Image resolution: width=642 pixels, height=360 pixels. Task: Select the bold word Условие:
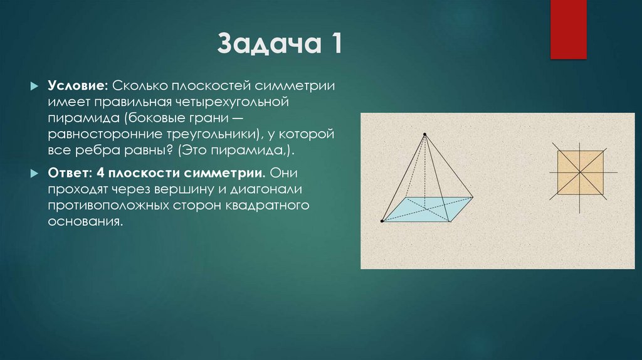(78, 85)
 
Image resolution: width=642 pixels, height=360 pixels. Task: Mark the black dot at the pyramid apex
(425, 134)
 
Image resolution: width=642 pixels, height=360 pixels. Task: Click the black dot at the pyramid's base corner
(382, 221)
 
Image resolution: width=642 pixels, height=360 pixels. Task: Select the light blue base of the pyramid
(426, 210)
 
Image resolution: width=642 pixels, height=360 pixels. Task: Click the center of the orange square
(581, 172)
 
